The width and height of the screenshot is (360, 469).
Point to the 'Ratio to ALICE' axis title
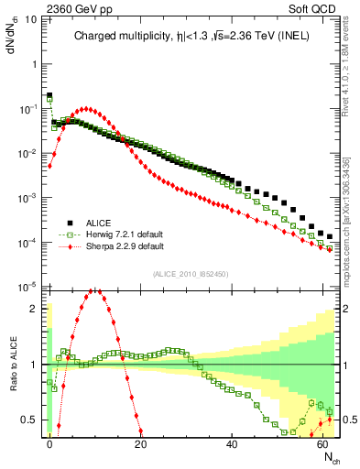[13, 361]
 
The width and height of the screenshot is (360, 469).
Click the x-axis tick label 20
[140, 443]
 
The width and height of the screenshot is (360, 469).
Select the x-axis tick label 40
[232, 443]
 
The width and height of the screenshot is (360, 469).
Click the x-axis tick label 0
[49, 443]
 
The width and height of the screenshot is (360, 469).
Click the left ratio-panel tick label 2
[34, 309]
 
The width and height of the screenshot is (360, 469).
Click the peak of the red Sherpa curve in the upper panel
[86, 109]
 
